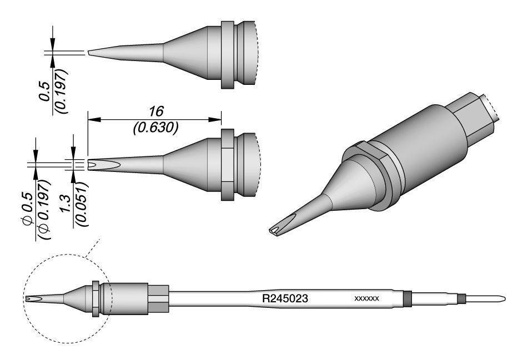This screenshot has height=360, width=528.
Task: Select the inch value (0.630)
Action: coord(155,128)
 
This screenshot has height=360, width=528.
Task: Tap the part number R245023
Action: coord(285,298)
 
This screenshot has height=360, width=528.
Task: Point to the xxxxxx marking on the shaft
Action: coord(366,299)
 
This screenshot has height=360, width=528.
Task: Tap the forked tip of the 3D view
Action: coord(276,230)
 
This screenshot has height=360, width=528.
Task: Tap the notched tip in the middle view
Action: coord(92,165)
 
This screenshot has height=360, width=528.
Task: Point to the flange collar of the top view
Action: coord(227,54)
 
